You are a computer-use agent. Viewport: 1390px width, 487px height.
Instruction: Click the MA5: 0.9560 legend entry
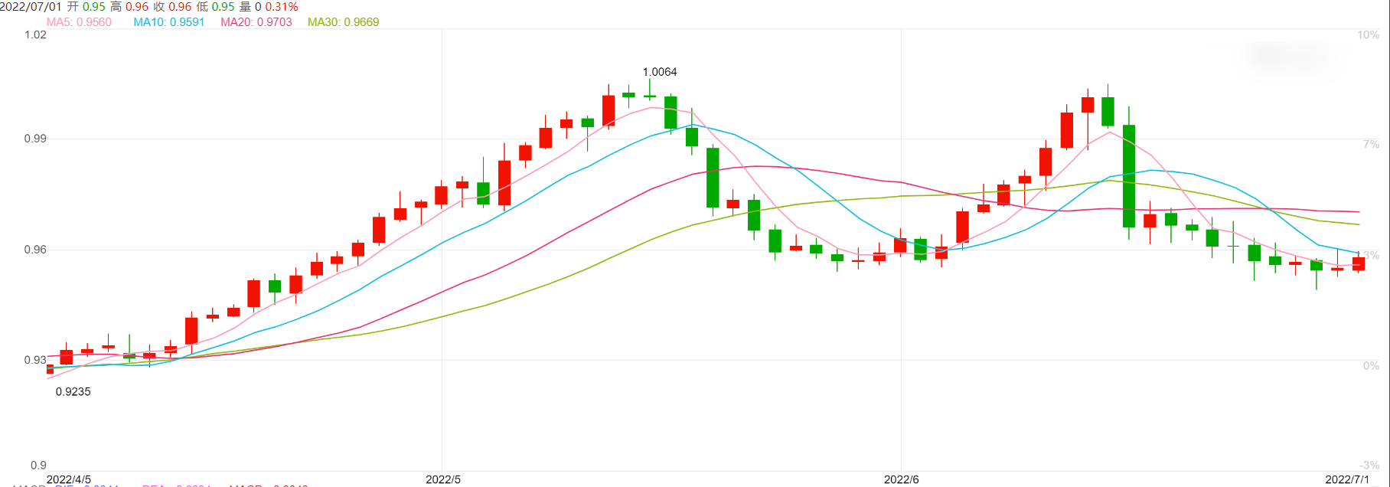pyautogui.click(x=79, y=22)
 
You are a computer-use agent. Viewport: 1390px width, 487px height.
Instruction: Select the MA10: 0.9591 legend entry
pyautogui.click(x=168, y=22)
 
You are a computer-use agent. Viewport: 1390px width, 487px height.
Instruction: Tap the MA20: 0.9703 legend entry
pyautogui.click(x=256, y=22)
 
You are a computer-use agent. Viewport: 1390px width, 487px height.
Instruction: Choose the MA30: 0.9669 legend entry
pyautogui.click(x=343, y=22)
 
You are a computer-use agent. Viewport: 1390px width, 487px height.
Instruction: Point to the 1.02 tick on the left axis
pyautogui.click(x=35, y=35)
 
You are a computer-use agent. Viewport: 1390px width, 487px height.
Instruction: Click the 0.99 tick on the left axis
pyautogui.click(x=35, y=139)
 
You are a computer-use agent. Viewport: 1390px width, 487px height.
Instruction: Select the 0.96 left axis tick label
pyautogui.click(x=35, y=250)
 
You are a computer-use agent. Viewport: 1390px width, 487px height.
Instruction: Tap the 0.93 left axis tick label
pyautogui.click(x=35, y=360)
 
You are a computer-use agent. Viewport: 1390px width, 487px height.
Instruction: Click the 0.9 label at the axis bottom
pyautogui.click(x=38, y=465)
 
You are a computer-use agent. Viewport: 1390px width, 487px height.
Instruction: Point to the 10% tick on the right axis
pyautogui.click(x=1368, y=35)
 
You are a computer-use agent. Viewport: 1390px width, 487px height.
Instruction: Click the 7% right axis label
pyautogui.click(x=1371, y=144)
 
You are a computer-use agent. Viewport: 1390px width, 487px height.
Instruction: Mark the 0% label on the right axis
pyautogui.click(x=1371, y=365)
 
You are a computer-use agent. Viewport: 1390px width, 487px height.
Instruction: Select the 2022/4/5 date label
pyautogui.click(x=69, y=479)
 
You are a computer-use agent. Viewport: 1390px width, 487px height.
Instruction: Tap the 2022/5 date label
pyautogui.click(x=443, y=479)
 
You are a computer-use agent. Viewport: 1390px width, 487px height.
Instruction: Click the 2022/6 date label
pyautogui.click(x=902, y=479)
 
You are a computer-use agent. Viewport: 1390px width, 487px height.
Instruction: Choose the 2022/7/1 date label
pyautogui.click(x=1348, y=479)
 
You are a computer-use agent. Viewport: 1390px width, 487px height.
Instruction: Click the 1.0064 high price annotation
pyautogui.click(x=660, y=72)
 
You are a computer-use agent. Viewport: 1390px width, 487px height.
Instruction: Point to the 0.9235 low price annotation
pyautogui.click(x=73, y=392)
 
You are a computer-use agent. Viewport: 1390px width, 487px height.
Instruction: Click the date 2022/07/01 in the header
pyautogui.click(x=32, y=7)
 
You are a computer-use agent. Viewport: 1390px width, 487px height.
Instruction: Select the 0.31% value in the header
pyautogui.click(x=282, y=7)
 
